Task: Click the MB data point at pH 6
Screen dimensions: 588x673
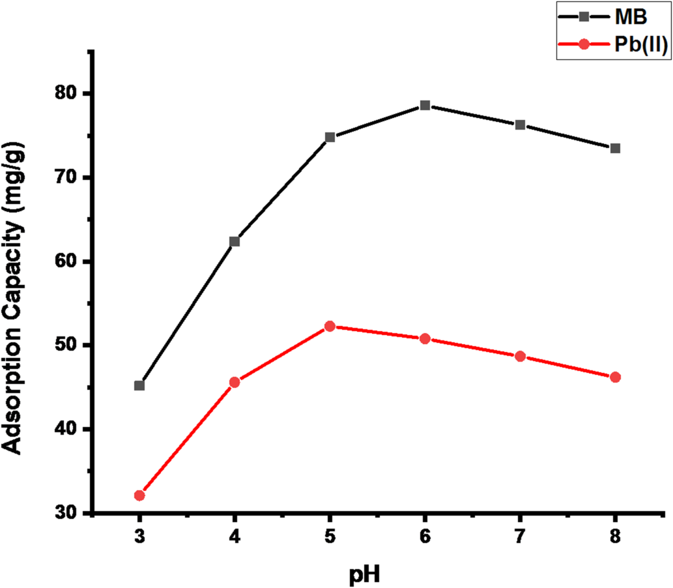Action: (x=425, y=106)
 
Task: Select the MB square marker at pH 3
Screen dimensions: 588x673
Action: (x=139, y=385)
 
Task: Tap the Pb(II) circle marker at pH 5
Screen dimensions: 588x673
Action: (x=330, y=326)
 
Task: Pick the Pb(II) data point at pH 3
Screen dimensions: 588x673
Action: (x=139, y=495)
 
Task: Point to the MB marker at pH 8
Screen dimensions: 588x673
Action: (x=615, y=148)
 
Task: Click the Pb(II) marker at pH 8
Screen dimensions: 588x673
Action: (x=615, y=377)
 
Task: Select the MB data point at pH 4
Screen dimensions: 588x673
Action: (x=235, y=241)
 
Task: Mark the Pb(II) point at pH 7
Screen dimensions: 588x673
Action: (x=520, y=356)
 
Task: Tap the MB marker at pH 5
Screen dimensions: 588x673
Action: (x=330, y=137)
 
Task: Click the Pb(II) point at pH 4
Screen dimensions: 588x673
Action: (x=235, y=382)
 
